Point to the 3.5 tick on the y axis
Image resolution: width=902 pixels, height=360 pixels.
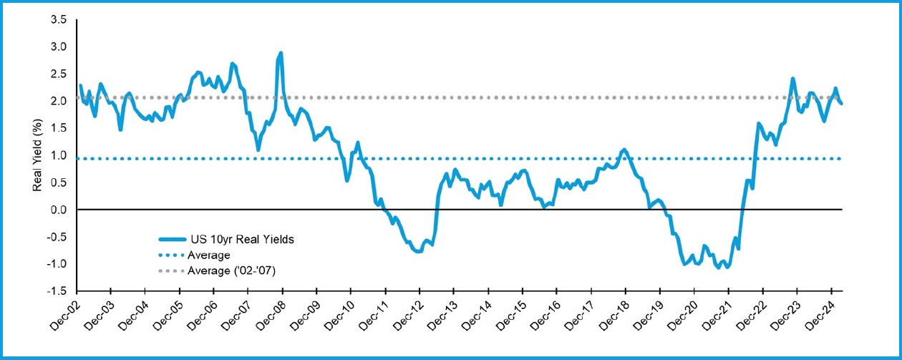pyautogui.click(x=59, y=19)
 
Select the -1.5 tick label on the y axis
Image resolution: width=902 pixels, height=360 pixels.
pyautogui.click(x=57, y=291)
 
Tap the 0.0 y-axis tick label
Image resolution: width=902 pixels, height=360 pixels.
pyautogui.click(x=59, y=210)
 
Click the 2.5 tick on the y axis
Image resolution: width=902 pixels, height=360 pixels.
pyautogui.click(x=59, y=74)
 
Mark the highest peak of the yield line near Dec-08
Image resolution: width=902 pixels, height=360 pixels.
pyautogui.click(x=281, y=53)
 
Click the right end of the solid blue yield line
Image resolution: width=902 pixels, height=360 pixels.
pyautogui.click(x=841, y=104)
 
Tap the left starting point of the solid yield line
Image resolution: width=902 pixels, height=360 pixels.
pyautogui.click(x=80, y=85)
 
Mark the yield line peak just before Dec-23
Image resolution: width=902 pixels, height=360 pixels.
pyautogui.click(x=792, y=79)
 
